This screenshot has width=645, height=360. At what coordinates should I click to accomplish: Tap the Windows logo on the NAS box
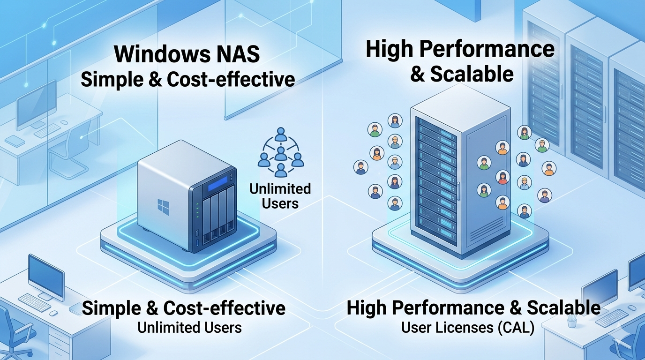coord(163,206)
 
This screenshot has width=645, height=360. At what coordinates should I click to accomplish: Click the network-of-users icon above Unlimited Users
coord(280,152)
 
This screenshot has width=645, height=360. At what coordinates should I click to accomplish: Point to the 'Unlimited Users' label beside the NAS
coord(280,196)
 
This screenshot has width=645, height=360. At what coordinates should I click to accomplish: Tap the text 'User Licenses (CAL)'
coord(468,328)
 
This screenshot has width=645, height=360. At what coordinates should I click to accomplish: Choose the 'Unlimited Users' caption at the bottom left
coord(189,327)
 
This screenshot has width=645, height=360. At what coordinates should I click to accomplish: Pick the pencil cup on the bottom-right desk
coord(571,321)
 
